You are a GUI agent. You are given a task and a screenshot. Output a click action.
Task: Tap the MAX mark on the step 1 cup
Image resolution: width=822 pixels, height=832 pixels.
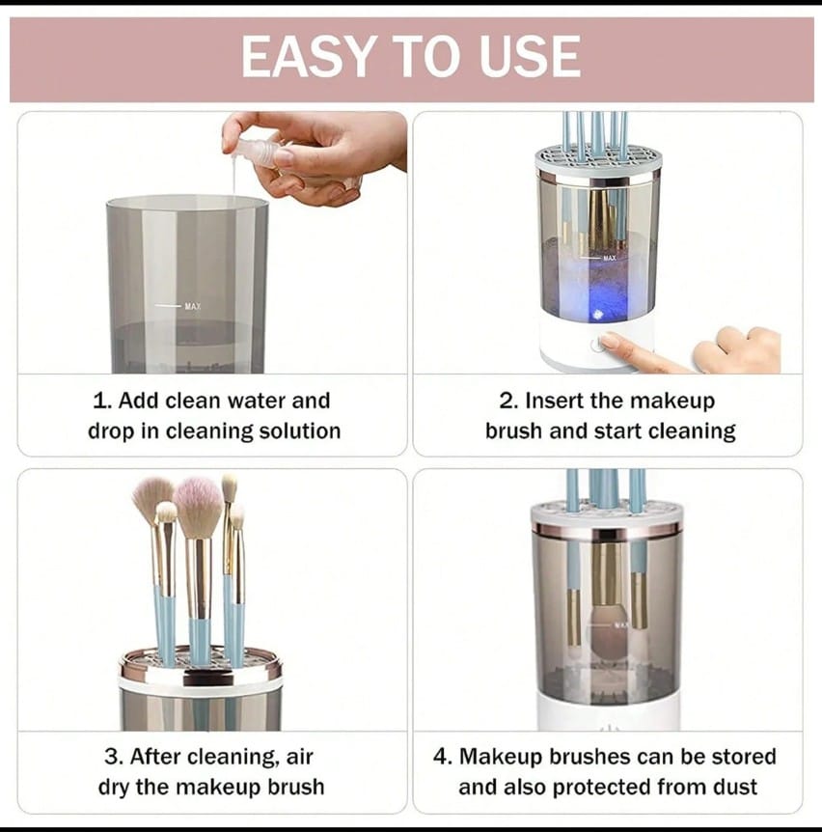[x=192, y=306]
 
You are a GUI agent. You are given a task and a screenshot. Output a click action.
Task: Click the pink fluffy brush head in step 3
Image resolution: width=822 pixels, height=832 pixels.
[x=198, y=507]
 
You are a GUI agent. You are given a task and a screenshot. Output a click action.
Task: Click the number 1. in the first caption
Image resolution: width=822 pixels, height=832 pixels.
[x=103, y=401]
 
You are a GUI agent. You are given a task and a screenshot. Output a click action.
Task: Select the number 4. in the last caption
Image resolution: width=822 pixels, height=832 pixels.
[x=442, y=757]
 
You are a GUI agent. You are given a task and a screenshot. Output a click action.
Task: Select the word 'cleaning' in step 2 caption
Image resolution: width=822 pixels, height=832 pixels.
[x=690, y=430]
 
